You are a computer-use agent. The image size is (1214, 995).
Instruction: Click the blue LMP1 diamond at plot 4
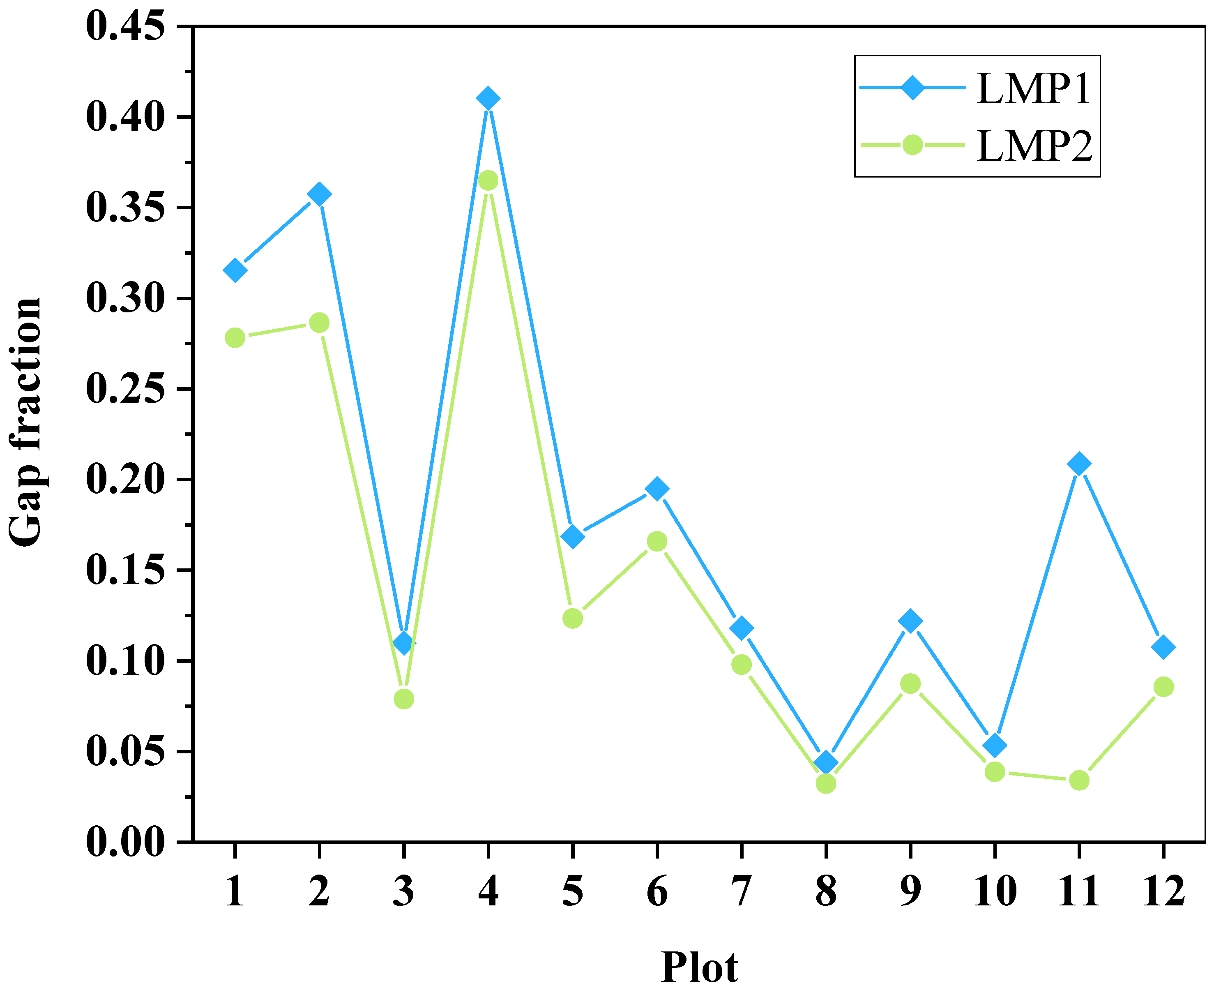pos(488,99)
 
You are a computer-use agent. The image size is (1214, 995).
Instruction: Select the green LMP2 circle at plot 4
pos(488,180)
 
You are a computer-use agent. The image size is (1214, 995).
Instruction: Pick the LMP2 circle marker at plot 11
pos(1079,780)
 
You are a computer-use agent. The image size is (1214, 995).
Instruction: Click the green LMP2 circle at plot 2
pos(319,323)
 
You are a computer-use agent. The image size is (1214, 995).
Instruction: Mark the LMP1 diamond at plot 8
pos(826,763)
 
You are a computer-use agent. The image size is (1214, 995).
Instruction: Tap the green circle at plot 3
pos(404,699)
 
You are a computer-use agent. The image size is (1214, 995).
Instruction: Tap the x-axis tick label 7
pos(742,891)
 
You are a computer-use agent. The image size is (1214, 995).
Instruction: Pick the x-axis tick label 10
pos(995,891)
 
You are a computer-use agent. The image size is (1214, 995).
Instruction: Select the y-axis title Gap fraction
pos(26,422)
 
